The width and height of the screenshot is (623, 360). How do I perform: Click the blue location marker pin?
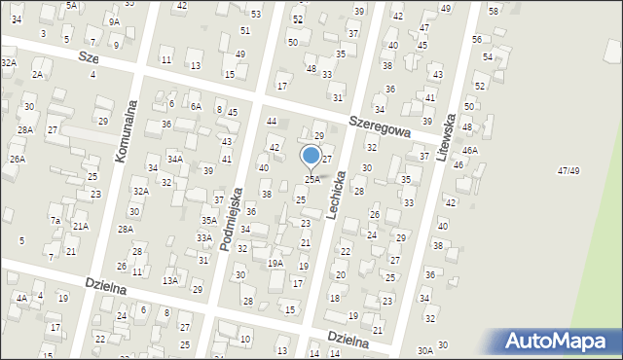[x=311, y=156]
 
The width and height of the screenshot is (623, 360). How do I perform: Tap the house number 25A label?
[x=312, y=179]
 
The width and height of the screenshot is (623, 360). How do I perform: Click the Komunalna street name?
[x=125, y=131]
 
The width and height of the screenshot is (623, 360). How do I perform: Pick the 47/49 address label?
[x=568, y=171]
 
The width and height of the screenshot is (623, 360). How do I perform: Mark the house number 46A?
[x=470, y=151]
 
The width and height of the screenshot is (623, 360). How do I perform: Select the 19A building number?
[x=275, y=263]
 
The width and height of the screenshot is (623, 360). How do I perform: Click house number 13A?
[x=170, y=280]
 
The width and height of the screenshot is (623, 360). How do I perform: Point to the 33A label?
[x=204, y=237]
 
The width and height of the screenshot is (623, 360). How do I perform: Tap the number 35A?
[x=208, y=221]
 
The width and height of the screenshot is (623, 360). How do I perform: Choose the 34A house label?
[x=175, y=159]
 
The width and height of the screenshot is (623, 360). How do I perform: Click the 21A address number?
[x=81, y=226]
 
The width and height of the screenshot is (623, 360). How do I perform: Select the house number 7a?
[x=55, y=221]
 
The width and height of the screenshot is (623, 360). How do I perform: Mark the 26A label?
[x=17, y=159]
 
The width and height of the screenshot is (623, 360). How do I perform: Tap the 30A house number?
[x=424, y=350]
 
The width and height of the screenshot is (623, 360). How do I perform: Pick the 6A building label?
[x=196, y=107]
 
